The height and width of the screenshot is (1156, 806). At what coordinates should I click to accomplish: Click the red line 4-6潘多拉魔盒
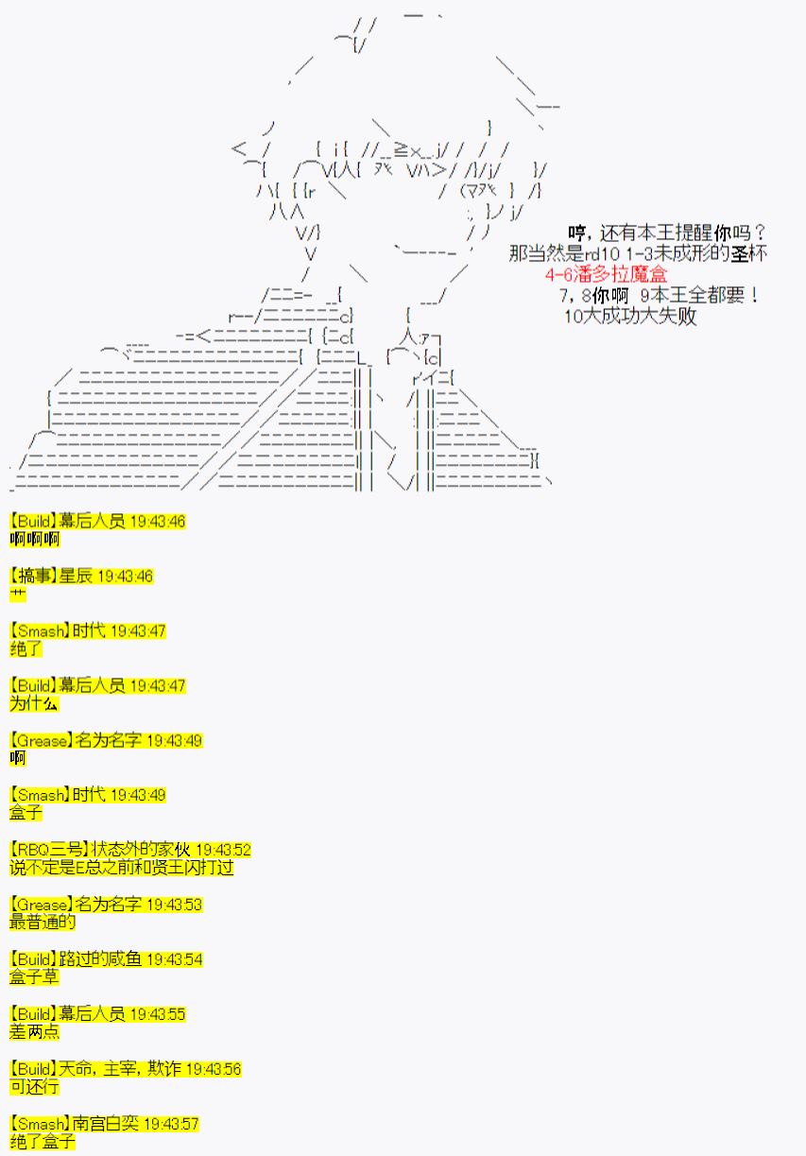pos(606,274)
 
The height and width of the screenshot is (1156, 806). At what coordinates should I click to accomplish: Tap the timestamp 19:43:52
pos(223,850)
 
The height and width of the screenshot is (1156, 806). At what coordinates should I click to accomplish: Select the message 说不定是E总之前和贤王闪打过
pos(121,868)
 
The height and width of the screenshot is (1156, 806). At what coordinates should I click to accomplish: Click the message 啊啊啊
pos(35,540)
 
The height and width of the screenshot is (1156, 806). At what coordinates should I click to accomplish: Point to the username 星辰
pos(76,576)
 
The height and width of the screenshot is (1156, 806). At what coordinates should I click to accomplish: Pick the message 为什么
pos(34,703)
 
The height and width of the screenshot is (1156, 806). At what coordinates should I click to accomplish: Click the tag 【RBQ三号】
pos(50,850)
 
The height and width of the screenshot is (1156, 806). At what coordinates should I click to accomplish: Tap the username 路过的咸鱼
pos(100,958)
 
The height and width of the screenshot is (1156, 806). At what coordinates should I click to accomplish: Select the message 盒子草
pos(34,977)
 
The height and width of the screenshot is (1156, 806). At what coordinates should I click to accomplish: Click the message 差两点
pos(34,1031)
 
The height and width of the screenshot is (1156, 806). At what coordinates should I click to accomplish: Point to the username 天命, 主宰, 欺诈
pos(120,1068)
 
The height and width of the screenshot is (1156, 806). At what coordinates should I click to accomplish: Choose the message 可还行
pos(34,1086)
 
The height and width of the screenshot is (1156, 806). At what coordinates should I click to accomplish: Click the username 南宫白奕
pos(106,1124)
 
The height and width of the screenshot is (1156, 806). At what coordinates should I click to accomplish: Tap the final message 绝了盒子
pos(43,1142)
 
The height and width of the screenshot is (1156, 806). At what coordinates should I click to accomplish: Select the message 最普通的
pos(43,923)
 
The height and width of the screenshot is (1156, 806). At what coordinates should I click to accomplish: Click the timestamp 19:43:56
pos(214,1069)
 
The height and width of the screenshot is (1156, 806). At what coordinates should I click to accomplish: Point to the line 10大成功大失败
pos(630,316)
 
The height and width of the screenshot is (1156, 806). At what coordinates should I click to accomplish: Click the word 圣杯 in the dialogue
pos(748,253)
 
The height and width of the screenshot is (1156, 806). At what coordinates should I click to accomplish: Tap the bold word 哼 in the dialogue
pos(577,233)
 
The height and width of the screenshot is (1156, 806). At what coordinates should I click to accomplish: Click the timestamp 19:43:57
pos(171,1124)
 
